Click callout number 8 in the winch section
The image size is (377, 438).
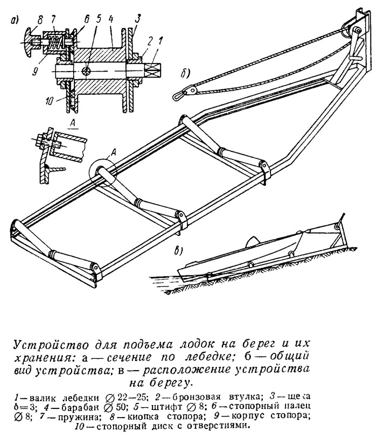[x=41, y=21]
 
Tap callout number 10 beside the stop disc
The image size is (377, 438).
[x=50, y=101]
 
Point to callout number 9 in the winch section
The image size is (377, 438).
[x=35, y=72]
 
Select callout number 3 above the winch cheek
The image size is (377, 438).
[x=138, y=19]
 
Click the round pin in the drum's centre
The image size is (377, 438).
[x=85, y=71]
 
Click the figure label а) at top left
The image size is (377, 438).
[x=15, y=20]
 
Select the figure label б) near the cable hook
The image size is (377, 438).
[x=185, y=73]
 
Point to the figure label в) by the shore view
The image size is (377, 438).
[x=179, y=251]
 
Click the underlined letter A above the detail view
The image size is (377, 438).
[x=73, y=123]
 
